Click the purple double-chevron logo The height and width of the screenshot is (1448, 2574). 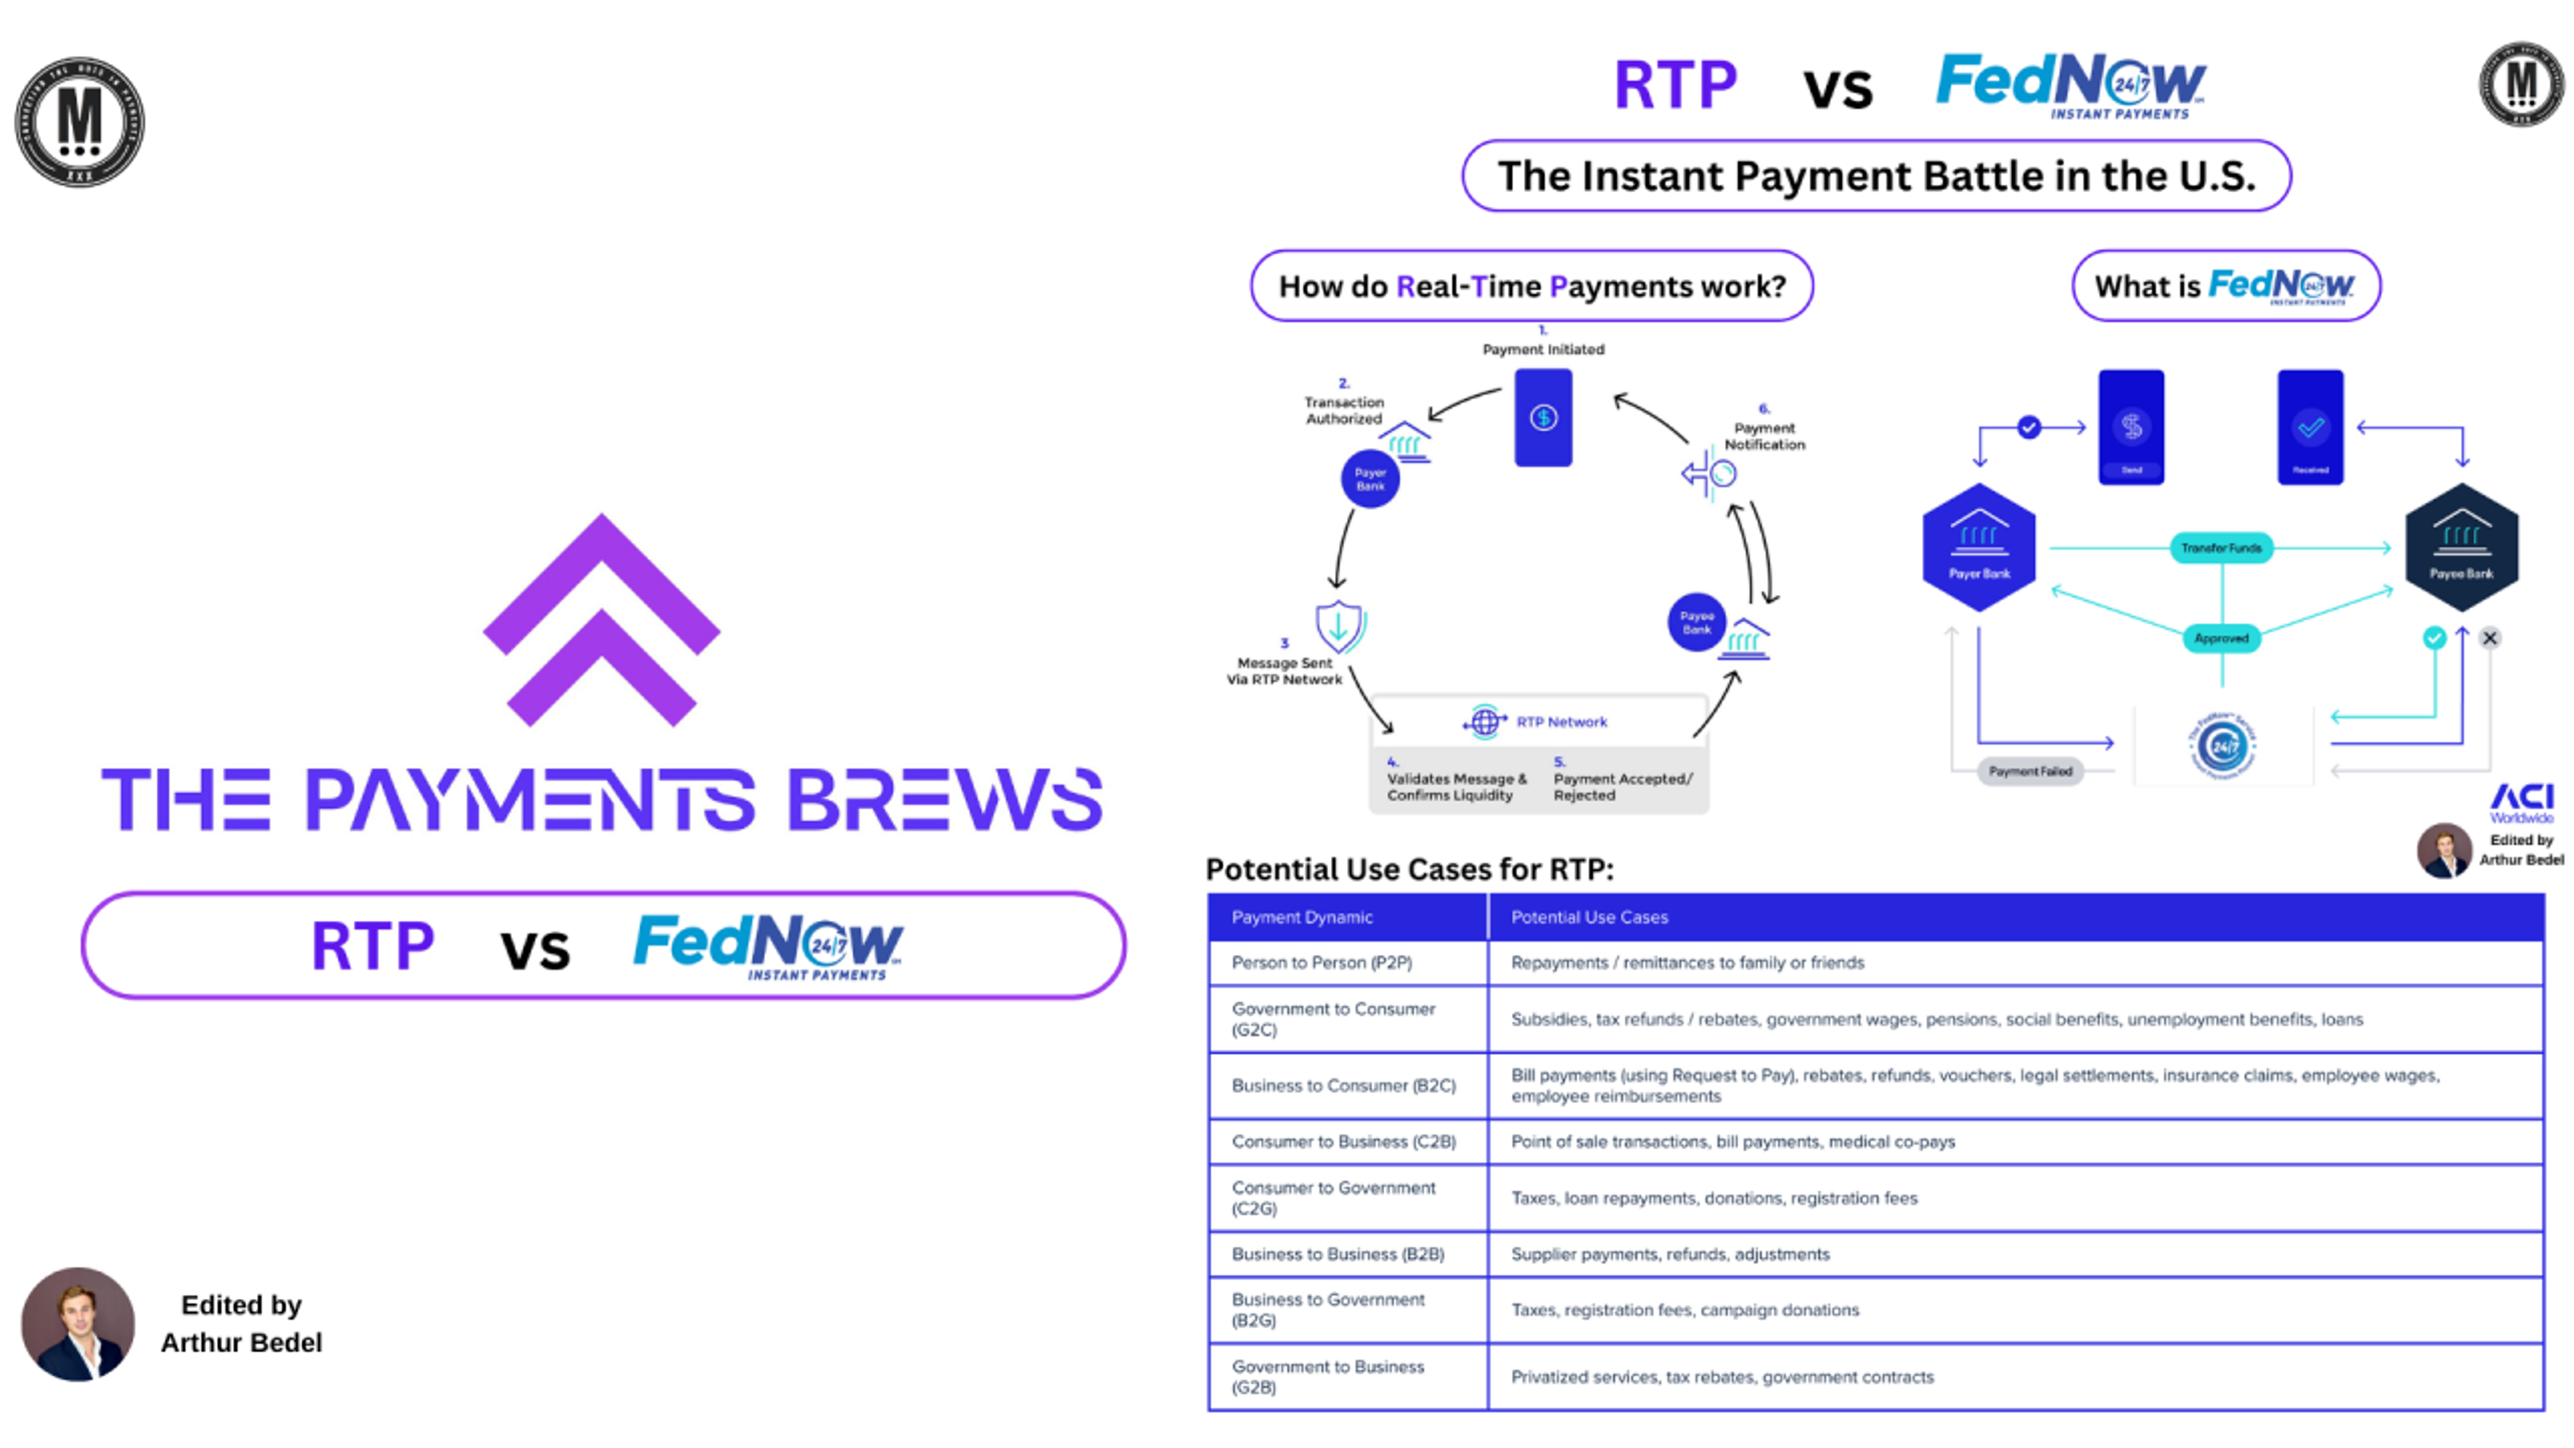click(x=601, y=619)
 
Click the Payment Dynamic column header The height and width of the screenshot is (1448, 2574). click(x=1301, y=916)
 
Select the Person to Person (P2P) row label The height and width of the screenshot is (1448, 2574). click(x=1321, y=963)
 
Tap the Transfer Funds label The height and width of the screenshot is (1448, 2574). click(x=2220, y=548)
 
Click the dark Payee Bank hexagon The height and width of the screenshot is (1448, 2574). click(x=2461, y=548)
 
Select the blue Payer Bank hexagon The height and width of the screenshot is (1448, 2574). click(x=1979, y=548)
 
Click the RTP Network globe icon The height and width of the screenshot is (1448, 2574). click(x=1484, y=721)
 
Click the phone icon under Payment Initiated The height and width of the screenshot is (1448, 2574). click(x=1543, y=418)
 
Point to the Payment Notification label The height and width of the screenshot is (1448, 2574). click(x=1764, y=436)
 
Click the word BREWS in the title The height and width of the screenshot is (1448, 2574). click(x=944, y=800)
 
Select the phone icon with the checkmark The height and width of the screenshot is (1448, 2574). click(x=2309, y=428)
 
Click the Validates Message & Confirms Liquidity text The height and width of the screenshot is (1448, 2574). click(x=1456, y=786)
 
